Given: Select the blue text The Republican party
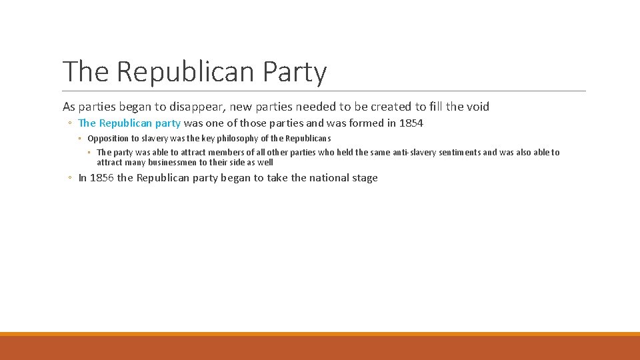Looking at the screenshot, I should tap(129, 123).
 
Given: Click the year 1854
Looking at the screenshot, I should tap(411, 123).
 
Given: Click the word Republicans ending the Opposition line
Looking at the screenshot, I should tap(308, 139).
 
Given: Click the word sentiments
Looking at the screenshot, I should tap(460, 153).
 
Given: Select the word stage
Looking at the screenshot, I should tap(365, 178).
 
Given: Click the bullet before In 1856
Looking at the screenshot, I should tap(70, 178).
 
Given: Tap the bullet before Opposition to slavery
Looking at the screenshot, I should tap(79, 139).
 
